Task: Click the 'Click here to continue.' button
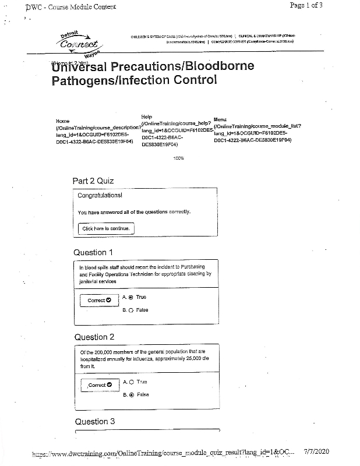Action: (107, 229)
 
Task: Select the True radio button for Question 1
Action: (131, 297)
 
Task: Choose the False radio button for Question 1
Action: (131, 310)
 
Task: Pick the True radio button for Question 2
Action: (131, 382)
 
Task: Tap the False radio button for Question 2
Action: (131, 394)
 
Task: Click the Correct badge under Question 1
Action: (98, 301)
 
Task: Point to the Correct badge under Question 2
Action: (98, 385)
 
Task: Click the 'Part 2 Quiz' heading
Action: (93, 181)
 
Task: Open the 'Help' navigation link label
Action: (146, 117)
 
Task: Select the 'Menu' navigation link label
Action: (220, 119)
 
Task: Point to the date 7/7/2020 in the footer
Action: (317, 451)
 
